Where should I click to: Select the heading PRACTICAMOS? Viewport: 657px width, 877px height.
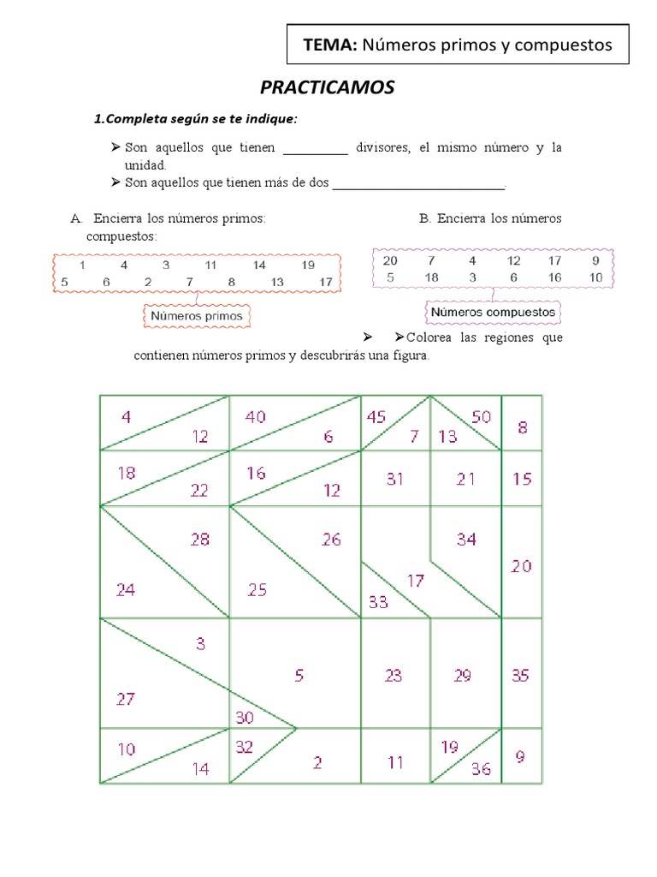(327, 88)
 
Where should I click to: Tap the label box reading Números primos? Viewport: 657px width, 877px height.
(197, 316)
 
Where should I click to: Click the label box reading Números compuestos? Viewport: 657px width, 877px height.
(493, 313)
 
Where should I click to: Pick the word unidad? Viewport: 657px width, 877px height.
(145, 164)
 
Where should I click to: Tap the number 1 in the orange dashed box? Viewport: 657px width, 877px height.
(81, 265)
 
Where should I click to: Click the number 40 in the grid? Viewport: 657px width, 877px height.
(255, 417)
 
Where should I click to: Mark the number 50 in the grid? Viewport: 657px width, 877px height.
(482, 417)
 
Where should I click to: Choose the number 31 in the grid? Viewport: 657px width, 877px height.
(394, 480)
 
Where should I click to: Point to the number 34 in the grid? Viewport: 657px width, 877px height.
(466, 540)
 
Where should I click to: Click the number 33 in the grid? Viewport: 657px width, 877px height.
(377, 602)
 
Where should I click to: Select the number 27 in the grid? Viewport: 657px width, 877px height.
(126, 699)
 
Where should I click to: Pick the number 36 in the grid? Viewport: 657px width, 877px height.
(481, 769)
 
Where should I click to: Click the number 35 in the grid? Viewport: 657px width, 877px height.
(521, 676)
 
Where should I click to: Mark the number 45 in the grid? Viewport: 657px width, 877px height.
(376, 417)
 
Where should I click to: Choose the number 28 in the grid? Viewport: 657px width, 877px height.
(200, 540)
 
